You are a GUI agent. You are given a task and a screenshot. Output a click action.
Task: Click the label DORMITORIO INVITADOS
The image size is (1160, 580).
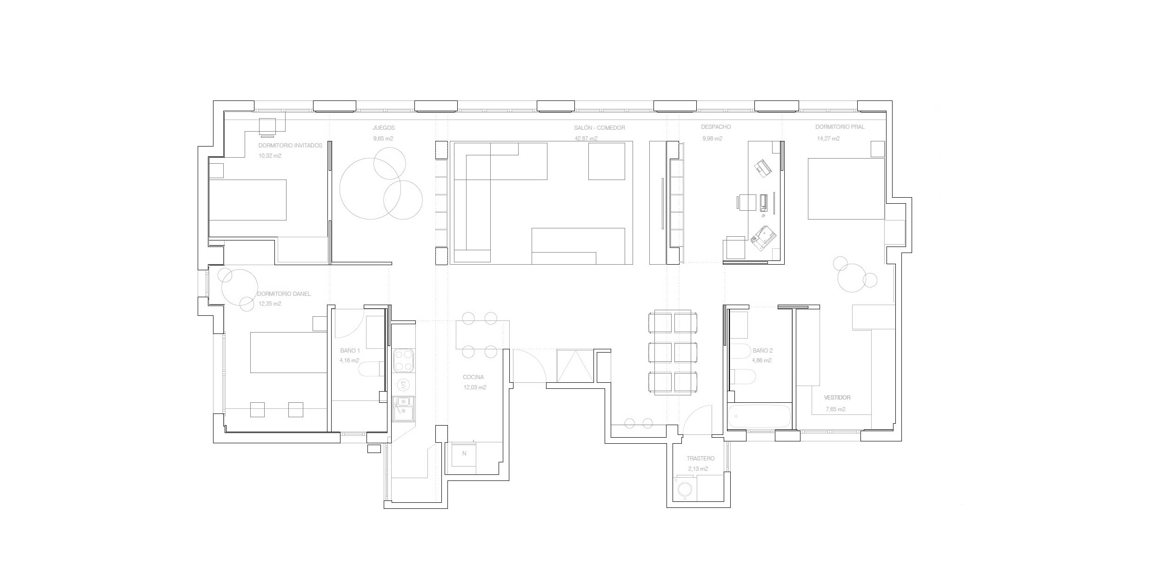pos(290,146)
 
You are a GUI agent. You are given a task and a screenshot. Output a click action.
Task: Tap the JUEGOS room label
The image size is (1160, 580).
pos(383,128)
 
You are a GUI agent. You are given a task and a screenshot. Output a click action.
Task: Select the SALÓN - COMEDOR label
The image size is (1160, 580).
pos(599,128)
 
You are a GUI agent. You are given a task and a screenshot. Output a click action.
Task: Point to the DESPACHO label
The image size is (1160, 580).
pos(716,127)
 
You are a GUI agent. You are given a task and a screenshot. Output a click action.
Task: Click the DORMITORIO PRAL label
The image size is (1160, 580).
pos(840,127)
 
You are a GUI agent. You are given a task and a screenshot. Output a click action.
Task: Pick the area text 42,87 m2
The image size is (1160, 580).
pos(586,139)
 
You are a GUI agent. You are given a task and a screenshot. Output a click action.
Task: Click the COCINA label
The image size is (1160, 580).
pos(473,377)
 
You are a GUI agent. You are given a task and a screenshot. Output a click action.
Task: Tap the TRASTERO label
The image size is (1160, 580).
pos(700,459)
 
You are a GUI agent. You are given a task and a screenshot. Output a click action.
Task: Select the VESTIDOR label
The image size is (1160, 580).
pos(837,398)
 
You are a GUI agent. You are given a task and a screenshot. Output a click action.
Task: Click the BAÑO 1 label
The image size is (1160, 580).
pos(350,351)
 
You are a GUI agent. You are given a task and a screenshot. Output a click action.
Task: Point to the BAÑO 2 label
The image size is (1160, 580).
pos(762,350)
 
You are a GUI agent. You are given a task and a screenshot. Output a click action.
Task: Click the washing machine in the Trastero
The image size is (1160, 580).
pos(685,489)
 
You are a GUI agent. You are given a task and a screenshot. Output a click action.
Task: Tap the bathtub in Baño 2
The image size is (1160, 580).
pos(759,416)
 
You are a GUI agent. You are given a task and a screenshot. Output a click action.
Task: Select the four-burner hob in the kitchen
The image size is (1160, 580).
pos(403,361)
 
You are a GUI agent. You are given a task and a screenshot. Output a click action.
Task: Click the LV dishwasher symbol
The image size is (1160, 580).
pos(404,385)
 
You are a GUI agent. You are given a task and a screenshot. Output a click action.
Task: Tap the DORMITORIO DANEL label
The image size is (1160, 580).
pos(284,294)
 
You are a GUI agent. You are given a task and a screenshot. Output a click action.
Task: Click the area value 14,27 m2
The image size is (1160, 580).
pos(828,139)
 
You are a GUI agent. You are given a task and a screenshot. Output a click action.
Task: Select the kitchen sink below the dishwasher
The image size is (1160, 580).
pos(403,408)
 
